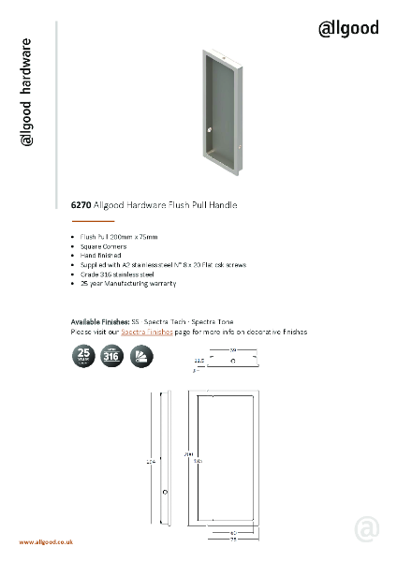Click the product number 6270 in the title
(x=81, y=204)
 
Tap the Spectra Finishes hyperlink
(x=147, y=333)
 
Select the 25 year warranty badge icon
(x=84, y=357)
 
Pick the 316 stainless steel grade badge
(x=112, y=357)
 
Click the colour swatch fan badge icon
(x=140, y=357)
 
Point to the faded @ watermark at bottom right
(x=367, y=530)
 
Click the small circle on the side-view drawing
(x=165, y=491)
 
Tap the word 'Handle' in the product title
(x=222, y=204)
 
